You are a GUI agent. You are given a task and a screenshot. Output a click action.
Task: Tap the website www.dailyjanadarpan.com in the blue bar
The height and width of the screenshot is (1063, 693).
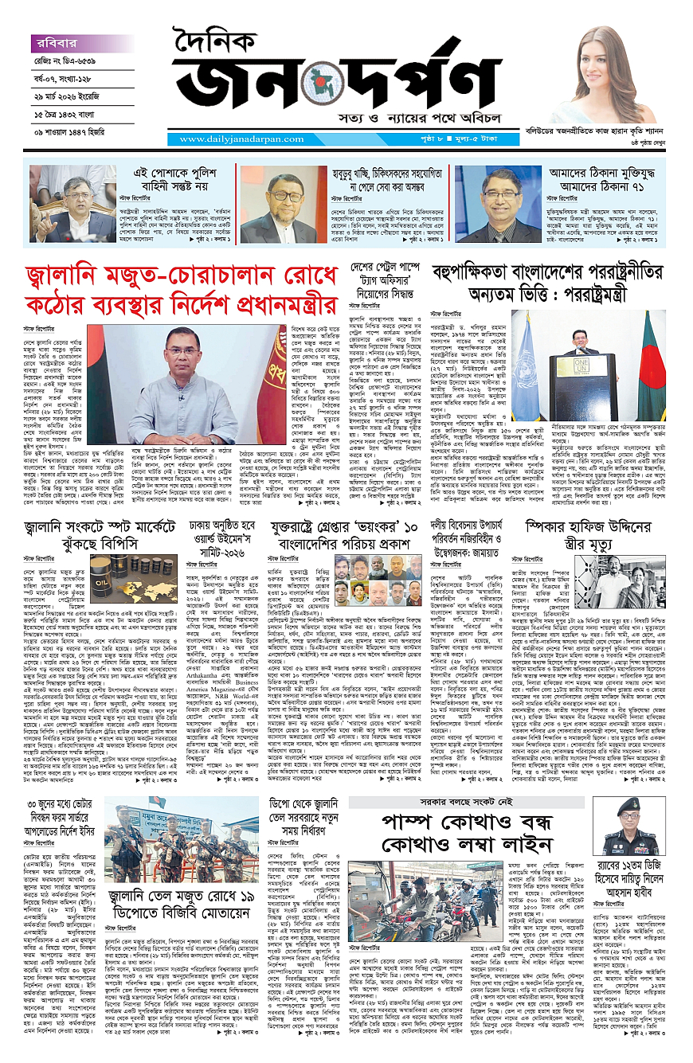point(226,139)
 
